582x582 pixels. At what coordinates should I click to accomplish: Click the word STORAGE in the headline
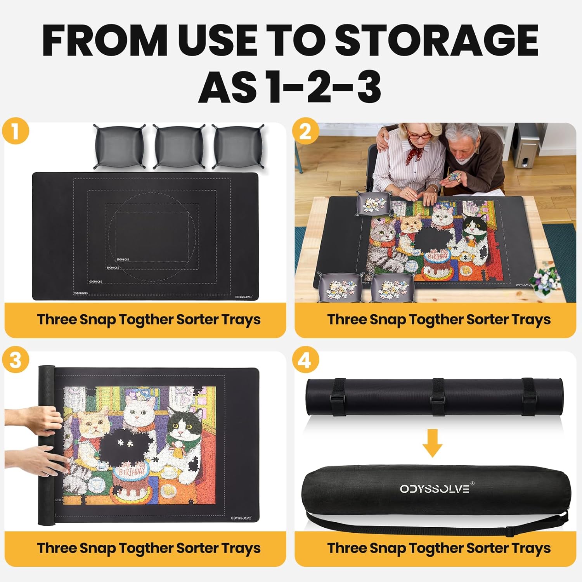point(436,40)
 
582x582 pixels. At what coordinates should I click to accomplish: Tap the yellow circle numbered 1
point(16,131)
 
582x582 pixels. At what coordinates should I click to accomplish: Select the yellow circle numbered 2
point(306,131)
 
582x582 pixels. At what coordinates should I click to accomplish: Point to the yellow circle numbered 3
point(16,360)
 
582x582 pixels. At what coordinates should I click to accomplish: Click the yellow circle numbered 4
point(306,360)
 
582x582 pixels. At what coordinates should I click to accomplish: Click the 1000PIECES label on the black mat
point(95,282)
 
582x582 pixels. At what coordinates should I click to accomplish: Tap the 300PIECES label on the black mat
point(123,260)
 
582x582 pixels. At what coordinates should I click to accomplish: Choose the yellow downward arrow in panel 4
point(432,443)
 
